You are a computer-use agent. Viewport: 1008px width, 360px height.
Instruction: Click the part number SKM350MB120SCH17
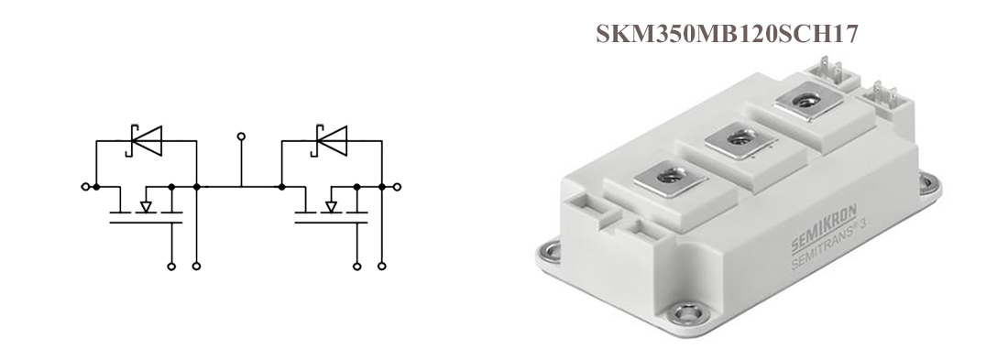click(x=727, y=34)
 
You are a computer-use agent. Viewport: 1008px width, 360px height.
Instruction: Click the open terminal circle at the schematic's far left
click(x=85, y=187)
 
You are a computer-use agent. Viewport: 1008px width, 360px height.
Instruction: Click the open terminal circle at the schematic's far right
click(x=398, y=187)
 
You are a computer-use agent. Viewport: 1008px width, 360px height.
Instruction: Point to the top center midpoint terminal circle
click(x=241, y=136)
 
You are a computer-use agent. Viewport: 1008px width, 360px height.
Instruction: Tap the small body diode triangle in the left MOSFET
click(x=146, y=206)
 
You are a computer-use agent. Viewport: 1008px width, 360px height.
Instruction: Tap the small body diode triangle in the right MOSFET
click(x=331, y=206)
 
